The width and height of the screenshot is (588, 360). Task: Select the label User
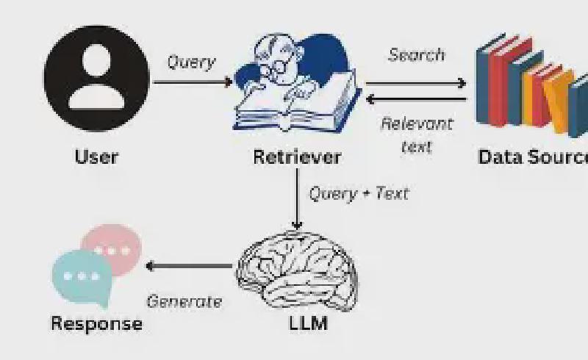[96, 156]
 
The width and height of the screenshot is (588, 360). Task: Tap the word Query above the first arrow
[191, 62]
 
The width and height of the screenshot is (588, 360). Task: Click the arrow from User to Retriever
[193, 81]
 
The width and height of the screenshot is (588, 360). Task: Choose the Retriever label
[297, 156]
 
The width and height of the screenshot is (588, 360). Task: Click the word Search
[417, 55]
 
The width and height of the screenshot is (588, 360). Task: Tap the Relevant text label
[417, 134]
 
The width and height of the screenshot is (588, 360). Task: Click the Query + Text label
[358, 193]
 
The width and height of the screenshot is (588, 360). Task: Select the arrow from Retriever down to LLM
[297, 198]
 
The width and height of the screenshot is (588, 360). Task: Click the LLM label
[308, 323]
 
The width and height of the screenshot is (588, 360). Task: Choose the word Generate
[184, 301]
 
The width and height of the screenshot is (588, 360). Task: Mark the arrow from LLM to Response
[190, 266]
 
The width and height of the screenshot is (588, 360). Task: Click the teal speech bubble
[79, 278]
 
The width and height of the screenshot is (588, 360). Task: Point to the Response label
[96, 323]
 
